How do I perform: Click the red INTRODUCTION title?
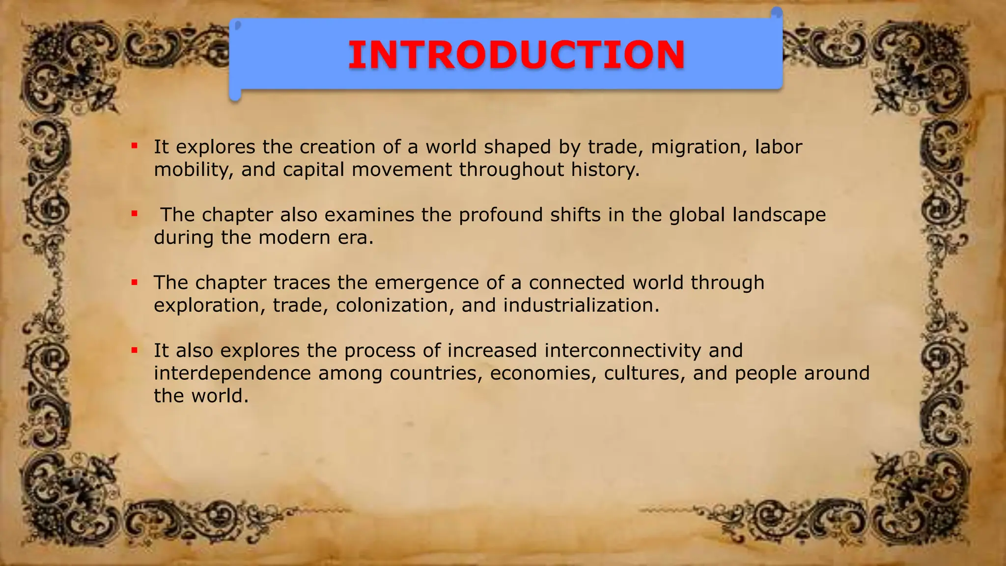click(x=516, y=55)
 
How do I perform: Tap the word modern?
click(x=294, y=238)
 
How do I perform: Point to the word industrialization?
click(x=581, y=306)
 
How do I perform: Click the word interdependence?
click(x=232, y=373)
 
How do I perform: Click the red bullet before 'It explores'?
click(x=134, y=145)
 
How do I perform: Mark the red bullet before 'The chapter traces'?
click(x=134, y=282)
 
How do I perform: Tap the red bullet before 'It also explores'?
click(x=134, y=350)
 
